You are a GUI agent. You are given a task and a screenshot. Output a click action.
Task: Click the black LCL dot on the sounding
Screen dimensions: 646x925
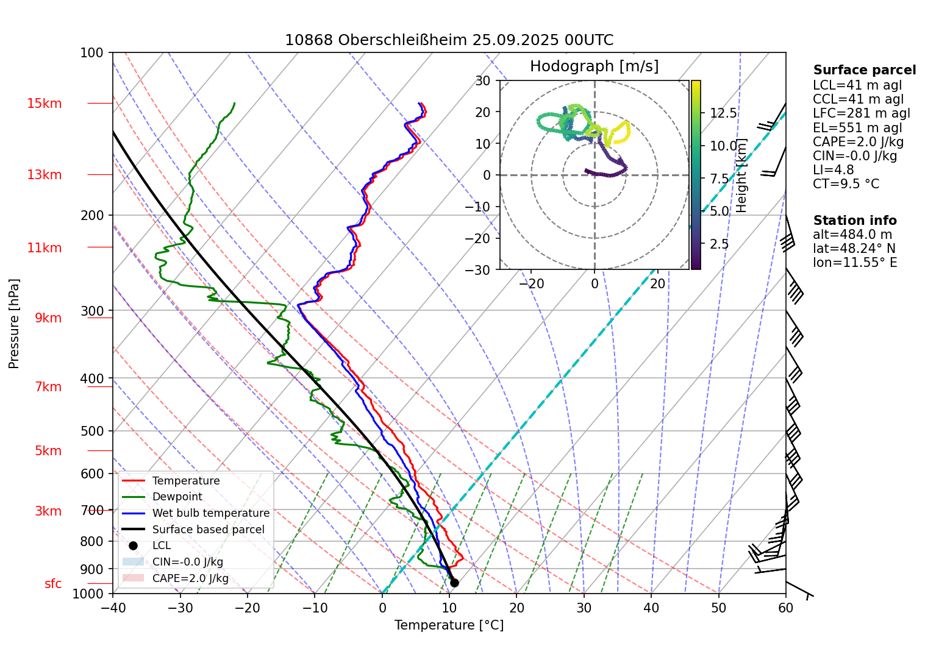[x=454, y=583]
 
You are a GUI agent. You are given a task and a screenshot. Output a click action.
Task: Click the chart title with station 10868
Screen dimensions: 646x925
[x=449, y=40]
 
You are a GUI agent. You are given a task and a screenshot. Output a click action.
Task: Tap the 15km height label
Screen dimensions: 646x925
[x=44, y=104]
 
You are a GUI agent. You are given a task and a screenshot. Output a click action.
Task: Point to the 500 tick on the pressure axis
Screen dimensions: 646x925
[x=92, y=431]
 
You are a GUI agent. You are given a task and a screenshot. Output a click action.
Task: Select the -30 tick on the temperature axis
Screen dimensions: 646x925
[x=180, y=608]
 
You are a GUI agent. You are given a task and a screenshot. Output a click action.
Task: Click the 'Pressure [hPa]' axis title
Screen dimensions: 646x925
[x=14, y=324]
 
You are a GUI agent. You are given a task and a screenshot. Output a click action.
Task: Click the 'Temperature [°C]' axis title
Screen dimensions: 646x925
[x=449, y=625]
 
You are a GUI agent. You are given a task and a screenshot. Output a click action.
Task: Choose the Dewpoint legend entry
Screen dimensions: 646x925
[x=177, y=497]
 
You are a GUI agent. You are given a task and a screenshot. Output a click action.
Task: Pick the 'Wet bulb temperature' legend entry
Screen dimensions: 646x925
[x=210, y=513]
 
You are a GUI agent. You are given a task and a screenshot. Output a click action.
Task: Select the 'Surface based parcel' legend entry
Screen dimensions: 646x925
[x=208, y=530]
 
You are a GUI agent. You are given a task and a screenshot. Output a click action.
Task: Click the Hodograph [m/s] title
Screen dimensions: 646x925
[x=594, y=66]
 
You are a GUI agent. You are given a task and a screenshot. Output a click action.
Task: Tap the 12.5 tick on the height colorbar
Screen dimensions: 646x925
[x=723, y=113]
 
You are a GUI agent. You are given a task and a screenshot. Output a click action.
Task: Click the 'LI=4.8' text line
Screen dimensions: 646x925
[x=833, y=170]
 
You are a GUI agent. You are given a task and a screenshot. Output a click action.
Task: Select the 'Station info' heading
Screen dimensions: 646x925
[x=854, y=221]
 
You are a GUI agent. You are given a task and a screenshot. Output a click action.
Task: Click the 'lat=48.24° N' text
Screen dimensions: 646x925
[x=854, y=249]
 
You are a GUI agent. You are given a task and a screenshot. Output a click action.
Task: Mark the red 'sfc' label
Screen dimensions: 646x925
[x=53, y=584]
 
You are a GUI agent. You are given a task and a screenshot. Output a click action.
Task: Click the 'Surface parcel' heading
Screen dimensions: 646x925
[x=864, y=70]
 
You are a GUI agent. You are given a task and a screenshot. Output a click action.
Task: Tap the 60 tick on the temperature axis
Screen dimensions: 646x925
[x=785, y=608]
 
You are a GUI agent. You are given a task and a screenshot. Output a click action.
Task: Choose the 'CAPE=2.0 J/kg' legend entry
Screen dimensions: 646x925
[x=190, y=578]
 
